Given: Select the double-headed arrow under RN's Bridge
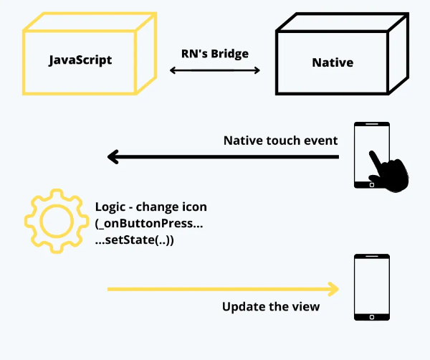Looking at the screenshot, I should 215,70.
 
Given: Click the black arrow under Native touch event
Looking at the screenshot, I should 222,156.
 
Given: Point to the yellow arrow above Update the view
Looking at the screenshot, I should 222,289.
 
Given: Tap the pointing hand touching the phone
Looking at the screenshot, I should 389,171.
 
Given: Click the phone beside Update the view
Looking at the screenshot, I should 372,287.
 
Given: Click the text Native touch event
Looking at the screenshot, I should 280,140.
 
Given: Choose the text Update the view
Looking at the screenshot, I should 271,307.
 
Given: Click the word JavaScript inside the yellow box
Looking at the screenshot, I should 81,60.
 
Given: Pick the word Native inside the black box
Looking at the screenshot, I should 333,62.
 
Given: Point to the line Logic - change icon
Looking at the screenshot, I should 150,207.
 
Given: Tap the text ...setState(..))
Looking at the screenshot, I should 135,241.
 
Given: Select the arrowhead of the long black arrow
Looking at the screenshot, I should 113,156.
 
